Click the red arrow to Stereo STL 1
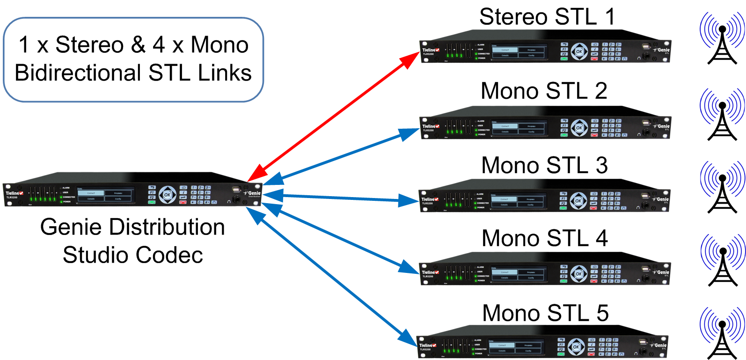[333, 117]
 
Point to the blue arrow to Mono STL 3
[342, 198]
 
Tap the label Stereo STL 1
[547, 17]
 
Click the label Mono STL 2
[544, 91]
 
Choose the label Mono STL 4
[545, 238]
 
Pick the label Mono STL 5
[545, 313]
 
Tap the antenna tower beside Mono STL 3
[722, 188]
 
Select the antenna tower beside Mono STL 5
[722, 333]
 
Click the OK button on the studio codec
[168, 194]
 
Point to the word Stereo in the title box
[89, 45]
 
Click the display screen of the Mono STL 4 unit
[518, 275]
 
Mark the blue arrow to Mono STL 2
[342, 155]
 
